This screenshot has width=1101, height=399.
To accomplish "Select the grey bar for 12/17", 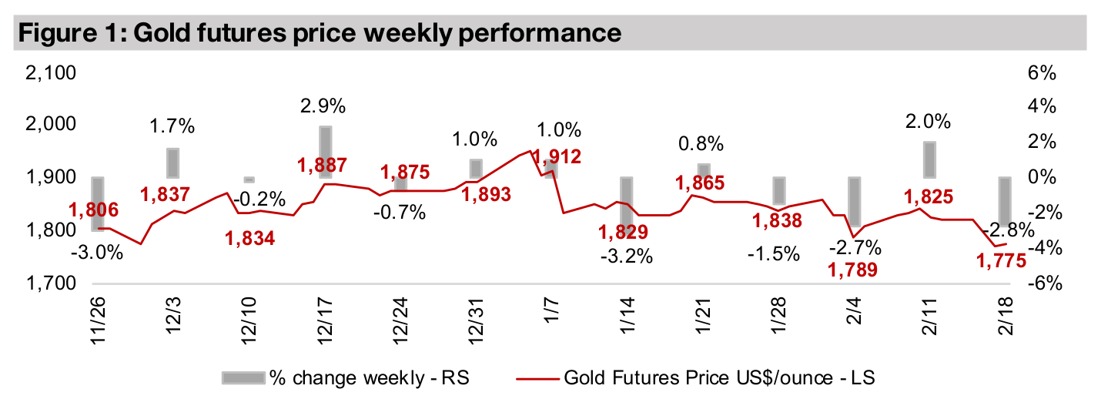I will pos(325,152).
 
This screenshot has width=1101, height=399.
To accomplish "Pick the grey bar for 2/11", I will pos(929,159).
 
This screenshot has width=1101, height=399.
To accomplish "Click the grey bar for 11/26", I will pos(98,203).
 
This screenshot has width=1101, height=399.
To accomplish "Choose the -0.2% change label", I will pos(250,196).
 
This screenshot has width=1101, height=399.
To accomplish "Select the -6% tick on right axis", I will pos(1042,284).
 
